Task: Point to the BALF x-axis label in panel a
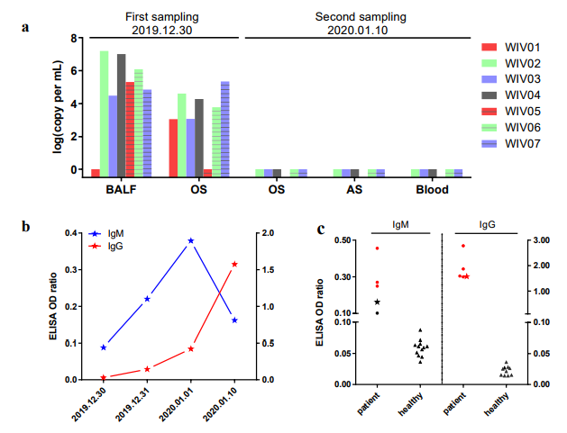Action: [121, 189]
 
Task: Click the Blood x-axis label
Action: [432, 189]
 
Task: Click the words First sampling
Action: [162, 17]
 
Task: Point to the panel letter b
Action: [27, 227]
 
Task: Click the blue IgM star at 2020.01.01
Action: [191, 241]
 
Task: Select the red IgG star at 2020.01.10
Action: [234, 264]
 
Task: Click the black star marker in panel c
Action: [378, 302]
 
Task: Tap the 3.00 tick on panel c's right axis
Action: [538, 240]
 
